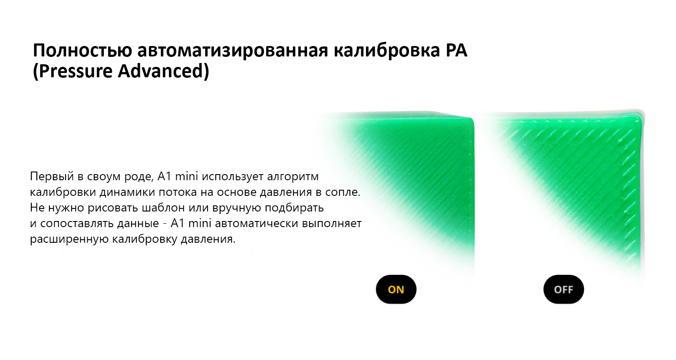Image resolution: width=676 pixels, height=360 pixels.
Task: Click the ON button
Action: coord(396,290)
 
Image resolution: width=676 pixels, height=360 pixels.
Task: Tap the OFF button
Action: coord(564,290)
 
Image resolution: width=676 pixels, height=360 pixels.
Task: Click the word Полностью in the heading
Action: coord(82,51)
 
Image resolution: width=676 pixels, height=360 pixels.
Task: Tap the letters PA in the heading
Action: coord(456,51)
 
